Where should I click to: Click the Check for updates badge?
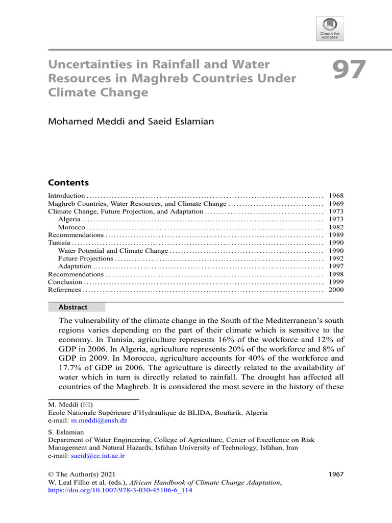330,29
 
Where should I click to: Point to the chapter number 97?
350,70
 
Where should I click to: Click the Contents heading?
68,183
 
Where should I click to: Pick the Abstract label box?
76,307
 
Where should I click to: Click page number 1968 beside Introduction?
336,196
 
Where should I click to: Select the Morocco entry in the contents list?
72,227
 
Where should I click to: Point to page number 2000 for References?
336,290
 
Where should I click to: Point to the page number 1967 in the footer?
335,474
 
